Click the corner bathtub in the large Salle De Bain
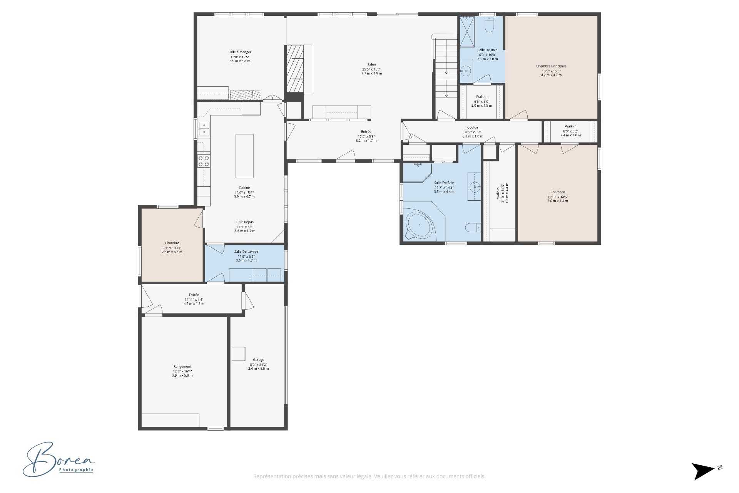(x=420, y=225)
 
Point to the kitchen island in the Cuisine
(x=244, y=156)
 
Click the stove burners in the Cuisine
(x=204, y=161)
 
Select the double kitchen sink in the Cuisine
(x=204, y=129)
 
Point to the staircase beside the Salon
(x=446, y=73)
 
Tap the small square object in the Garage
(x=238, y=354)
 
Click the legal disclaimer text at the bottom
(x=369, y=476)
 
